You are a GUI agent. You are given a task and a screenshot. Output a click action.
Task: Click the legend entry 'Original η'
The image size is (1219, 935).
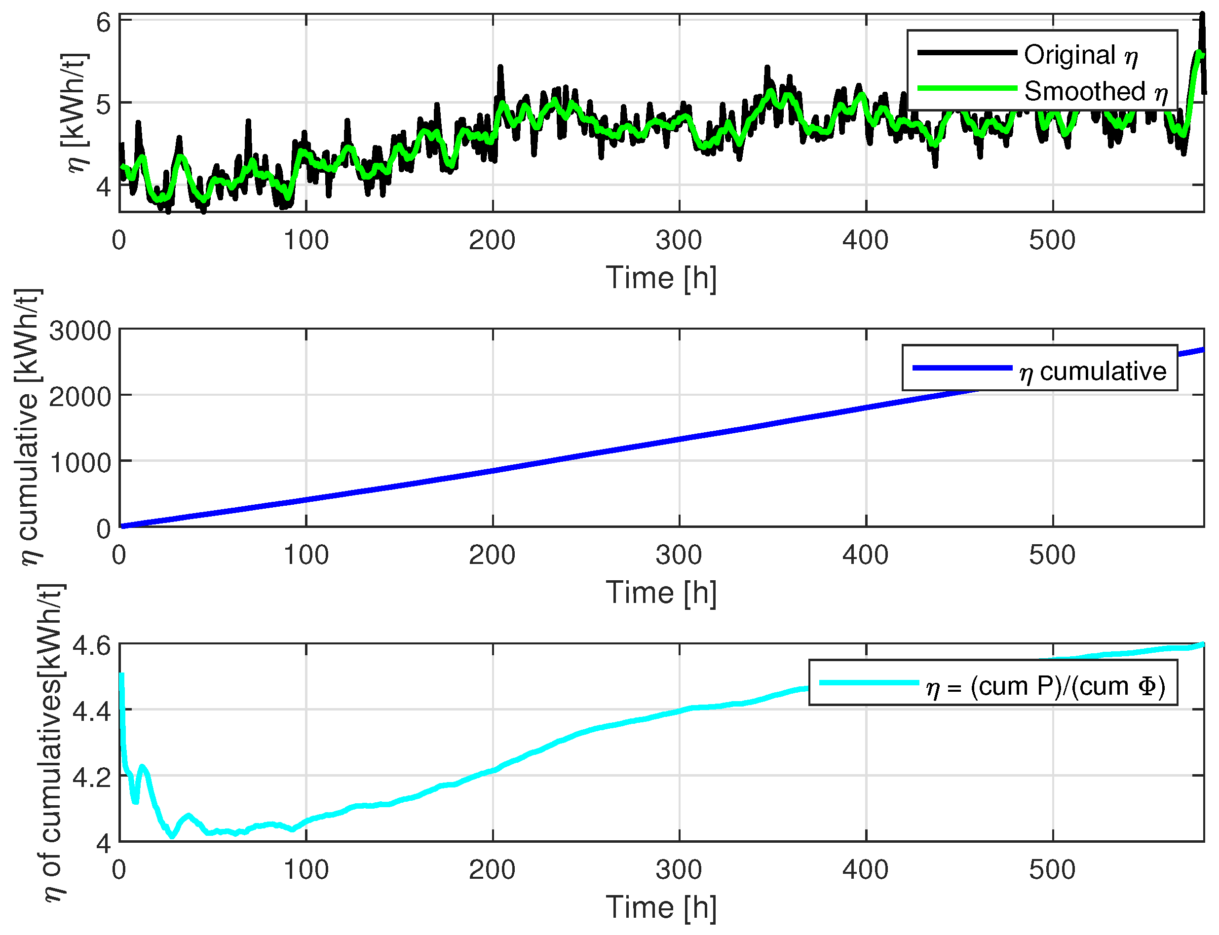pyautogui.click(x=1080, y=56)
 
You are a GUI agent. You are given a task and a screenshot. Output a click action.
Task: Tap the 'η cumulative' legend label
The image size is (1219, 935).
pyautogui.click(x=1092, y=371)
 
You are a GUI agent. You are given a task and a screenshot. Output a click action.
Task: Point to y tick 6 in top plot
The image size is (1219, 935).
pyautogui.click(x=104, y=23)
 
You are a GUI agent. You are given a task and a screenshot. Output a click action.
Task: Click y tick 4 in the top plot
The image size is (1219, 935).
pyautogui.click(x=104, y=187)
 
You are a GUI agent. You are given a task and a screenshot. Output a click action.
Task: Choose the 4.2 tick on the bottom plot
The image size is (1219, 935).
pyautogui.click(x=92, y=778)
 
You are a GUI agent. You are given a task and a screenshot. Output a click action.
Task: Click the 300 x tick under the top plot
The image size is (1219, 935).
pyautogui.click(x=679, y=240)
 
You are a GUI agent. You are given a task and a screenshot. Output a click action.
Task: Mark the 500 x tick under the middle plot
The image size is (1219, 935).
pyautogui.click(x=1052, y=555)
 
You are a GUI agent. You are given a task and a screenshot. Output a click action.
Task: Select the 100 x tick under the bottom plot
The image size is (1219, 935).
pyautogui.click(x=305, y=870)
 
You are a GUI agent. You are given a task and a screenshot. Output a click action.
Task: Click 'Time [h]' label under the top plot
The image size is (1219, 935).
pyautogui.click(x=661, y=278)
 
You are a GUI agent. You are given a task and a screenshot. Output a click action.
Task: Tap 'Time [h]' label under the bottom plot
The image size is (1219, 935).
pyautogui.click(x=661, y=908)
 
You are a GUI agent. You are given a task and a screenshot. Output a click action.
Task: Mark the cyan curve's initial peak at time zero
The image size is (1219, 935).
pyautogui.click(x=121, y=675)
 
